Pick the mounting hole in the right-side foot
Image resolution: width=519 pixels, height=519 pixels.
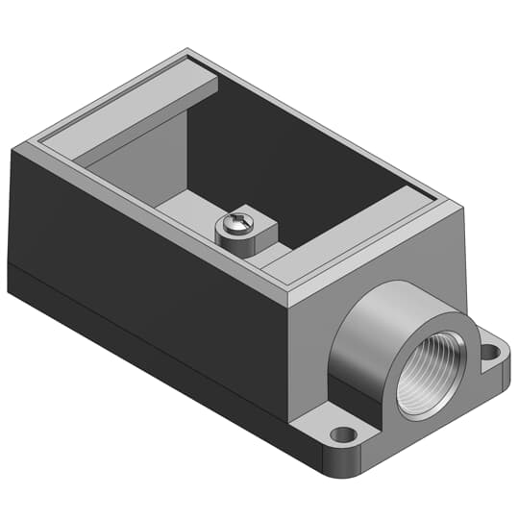491,353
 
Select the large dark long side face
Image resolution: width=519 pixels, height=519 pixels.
144,250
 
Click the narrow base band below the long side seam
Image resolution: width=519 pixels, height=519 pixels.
144,332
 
